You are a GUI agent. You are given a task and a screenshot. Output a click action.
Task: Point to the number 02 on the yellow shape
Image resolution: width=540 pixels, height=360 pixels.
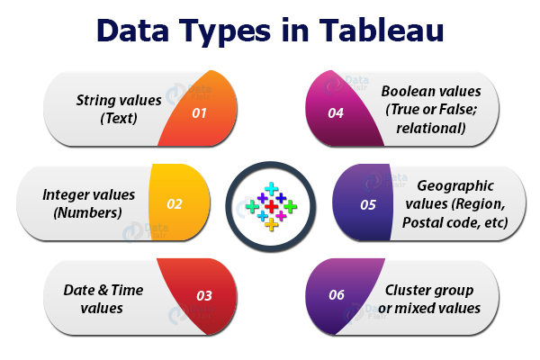tap(174, 204)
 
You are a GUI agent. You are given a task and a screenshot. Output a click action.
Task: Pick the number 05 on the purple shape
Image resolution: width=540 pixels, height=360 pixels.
tap(368, 204)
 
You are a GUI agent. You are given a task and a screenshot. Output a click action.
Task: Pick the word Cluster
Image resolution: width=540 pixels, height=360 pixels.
tap(413, 290)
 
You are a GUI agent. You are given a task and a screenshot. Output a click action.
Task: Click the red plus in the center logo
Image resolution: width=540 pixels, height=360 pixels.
tap(271, 206)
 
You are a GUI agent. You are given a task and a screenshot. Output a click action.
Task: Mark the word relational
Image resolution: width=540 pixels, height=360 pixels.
tap(433, 127)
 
